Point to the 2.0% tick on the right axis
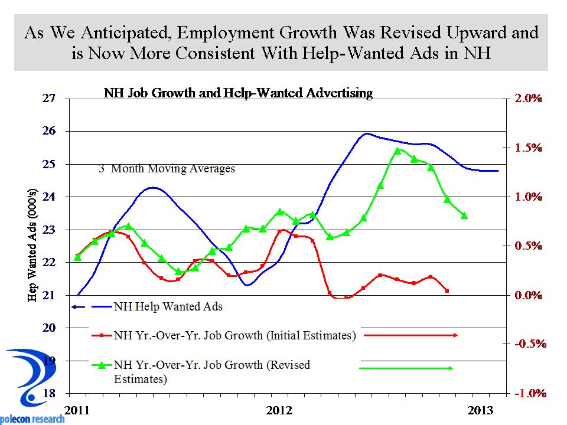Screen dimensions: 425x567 pyautogui.click(x=527, y=99)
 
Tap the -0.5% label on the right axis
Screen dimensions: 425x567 pyautogui.click(x=526, y=344)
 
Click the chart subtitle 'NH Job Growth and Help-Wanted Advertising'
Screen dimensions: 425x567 pyautogui.click(x=238, y=93)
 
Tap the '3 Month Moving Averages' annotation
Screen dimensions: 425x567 pyautogui.click(x=166, y=169)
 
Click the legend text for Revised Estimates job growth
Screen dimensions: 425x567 pyautogui.click(x=211, y=371)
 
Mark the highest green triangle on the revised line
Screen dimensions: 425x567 pyautogui.click(x=397, y=151)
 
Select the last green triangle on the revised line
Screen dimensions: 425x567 pyautogui.click(x=464, y=215)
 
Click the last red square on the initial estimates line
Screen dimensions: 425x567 pyautogui.click(x=447, y=291)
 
